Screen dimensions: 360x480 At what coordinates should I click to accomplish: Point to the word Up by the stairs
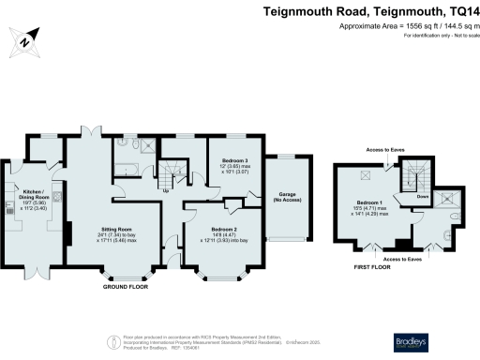(167, 191)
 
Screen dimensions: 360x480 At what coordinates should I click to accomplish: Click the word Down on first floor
(423, 197)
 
